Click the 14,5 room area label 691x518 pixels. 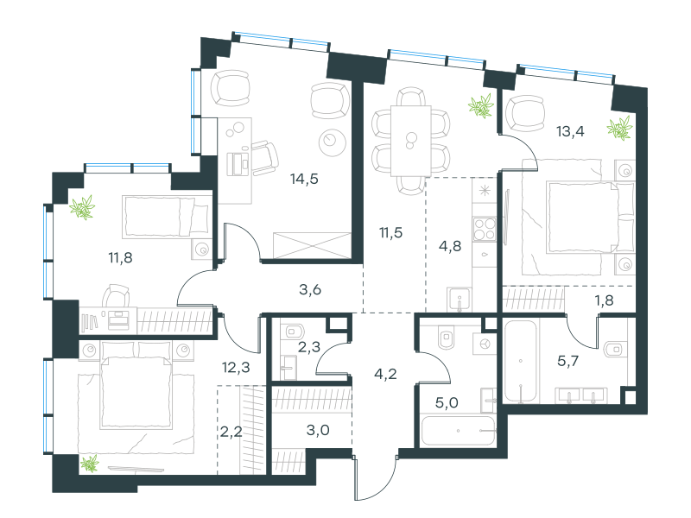coord(304,180)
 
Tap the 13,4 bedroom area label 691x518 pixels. coord(570,131)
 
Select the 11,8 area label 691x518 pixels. coord(120,257)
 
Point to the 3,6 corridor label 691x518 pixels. coord(310,290)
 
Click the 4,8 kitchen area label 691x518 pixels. coord(450,246)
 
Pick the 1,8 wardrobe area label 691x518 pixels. coord(604,300)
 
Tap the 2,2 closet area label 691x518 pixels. coord(231,432)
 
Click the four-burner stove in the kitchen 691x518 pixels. coord(485,229)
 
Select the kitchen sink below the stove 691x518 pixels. coord(460,300)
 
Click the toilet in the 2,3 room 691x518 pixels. coord(295,331)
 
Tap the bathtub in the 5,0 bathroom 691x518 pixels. coord(459,431)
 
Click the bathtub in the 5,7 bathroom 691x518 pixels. coord(521,361)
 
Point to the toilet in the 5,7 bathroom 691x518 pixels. coord(614,350)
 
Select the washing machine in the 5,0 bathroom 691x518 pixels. coord(485,343)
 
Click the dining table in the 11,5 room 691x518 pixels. coord(411,141)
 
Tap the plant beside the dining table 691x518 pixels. coord(481,106)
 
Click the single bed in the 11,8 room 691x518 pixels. coord(167,216)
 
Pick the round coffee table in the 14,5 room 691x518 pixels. coord(333,142)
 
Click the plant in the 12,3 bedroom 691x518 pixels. coord(90,464)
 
